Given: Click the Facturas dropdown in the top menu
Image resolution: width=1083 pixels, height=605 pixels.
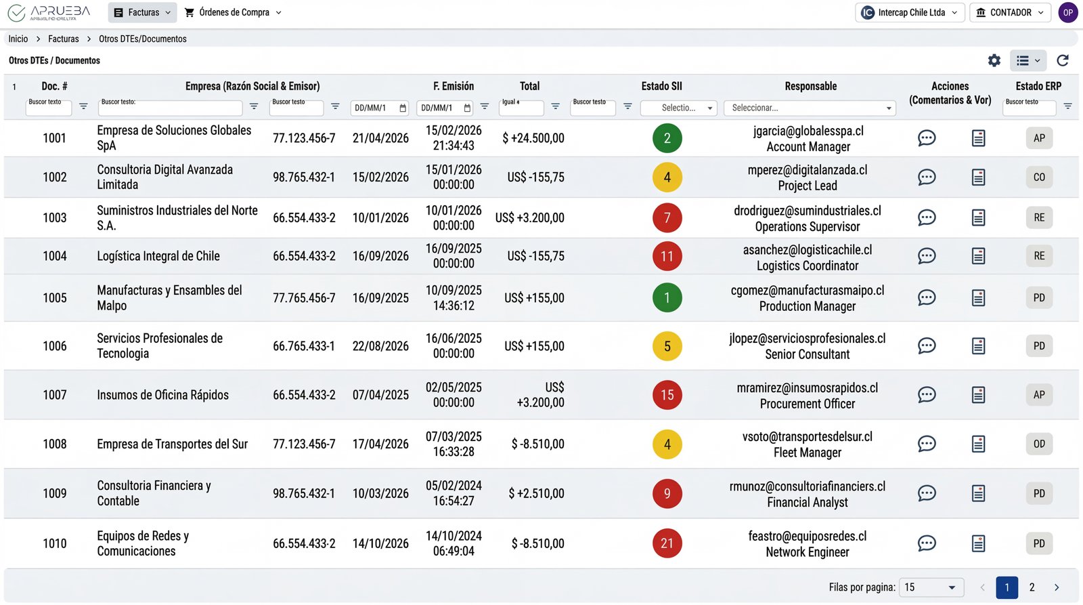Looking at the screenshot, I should pyautogui.click(x=142, y=12).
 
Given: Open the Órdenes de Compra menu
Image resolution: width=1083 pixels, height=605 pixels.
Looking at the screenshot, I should pyautogui.click(x=233, y=12).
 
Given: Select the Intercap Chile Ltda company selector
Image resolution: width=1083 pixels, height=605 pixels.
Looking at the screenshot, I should pyautogui.click(x=909, y=12).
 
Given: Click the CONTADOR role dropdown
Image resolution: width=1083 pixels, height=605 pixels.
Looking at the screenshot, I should pyautogui.click(x=1009, y=12).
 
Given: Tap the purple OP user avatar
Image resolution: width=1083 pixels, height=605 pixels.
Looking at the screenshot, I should pyautogui.click(x=1067, y=12).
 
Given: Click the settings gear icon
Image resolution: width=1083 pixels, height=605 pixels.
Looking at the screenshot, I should pyautogui.click(x=994, y=60).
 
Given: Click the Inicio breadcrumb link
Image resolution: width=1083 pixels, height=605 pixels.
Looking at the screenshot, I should pyautogui.click(x=18, y=39).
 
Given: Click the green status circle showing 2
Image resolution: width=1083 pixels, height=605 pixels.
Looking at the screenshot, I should pyautogui.click(x=667, y=138).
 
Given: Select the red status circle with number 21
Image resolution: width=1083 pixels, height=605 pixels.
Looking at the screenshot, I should pyautogui.click(x=667, y=543).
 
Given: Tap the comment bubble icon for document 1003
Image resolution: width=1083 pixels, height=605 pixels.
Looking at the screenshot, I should pyautogui.click(x=926, y=217).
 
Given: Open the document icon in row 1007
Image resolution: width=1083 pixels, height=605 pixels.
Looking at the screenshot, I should pyautogui.click(x=978, y=395).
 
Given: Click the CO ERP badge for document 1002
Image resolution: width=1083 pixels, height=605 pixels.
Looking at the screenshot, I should pyautogui.click(x=1039, y=178).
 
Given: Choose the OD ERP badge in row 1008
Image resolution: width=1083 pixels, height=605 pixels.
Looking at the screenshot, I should pyautogui.click(x=1039, y=444).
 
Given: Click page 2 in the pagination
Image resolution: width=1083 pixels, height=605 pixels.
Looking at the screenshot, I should pyautogui.click(x=1032, y=587).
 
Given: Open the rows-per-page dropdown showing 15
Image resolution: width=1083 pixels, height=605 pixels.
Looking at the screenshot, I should pyautogui.click(x=931, y=587).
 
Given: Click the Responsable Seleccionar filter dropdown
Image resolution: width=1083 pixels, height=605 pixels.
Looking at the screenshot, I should pyautogui.click(x=810, y=108).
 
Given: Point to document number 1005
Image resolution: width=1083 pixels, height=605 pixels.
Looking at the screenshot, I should pyautogui.click(x=55, y=298).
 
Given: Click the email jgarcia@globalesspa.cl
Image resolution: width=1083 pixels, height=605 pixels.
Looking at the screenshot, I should pyautogui.click(x=808, y=131).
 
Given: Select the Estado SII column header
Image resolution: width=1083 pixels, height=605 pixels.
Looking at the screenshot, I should pyautogui.click(x=661, y=86).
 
